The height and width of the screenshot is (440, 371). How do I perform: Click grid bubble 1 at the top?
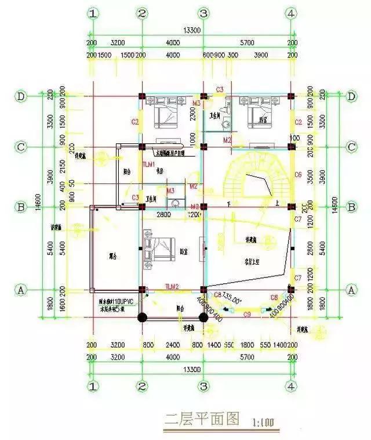[91, 13]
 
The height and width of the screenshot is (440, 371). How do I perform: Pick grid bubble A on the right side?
[350, 288]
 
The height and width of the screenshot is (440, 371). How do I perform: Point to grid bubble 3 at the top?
[203, 13]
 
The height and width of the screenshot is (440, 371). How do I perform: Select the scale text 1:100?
[264, 420]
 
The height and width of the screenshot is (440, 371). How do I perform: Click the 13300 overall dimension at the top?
[191, 30]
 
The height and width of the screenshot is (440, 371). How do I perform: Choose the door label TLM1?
[149, 165]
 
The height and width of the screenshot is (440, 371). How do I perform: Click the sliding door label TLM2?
[172, 287]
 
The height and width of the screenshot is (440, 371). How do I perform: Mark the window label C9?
[246, 314]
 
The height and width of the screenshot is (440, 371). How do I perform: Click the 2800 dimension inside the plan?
[164, 215]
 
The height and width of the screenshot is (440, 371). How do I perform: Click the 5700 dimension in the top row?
[246, 43]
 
